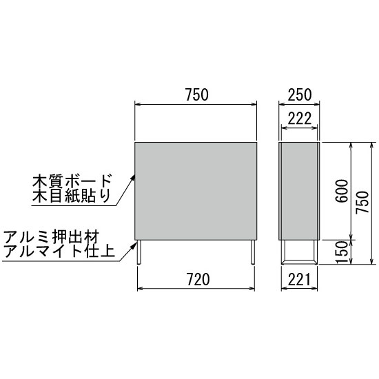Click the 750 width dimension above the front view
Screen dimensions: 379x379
pos(197,94)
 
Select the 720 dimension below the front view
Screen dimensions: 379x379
pos(198,279)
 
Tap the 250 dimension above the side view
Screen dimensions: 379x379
pos(299,94)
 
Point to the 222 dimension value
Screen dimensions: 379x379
pos(299,119)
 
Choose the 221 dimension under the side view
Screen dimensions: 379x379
pos(299,279)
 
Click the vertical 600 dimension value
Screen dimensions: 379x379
pos(342,191)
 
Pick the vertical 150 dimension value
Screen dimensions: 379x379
pos(342,252)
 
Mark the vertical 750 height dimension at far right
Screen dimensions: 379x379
pos(362,203)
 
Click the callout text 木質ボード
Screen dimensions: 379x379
pos(72,181)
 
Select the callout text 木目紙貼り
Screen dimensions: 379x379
pos(72,196)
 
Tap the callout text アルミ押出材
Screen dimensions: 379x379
pos(52,237)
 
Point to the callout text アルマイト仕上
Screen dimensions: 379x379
pos(59,251)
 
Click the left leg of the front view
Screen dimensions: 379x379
pos(139,252)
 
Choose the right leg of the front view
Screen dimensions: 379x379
pos(253,252)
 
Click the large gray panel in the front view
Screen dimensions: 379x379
pos(196,191)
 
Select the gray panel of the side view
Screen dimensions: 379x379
pos(299,191)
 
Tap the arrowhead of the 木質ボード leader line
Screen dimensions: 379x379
pos(133,178)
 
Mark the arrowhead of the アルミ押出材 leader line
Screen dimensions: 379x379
pos(133,245)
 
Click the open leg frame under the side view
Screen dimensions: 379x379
pos(299,263)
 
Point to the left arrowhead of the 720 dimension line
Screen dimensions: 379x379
pos(140,288)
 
